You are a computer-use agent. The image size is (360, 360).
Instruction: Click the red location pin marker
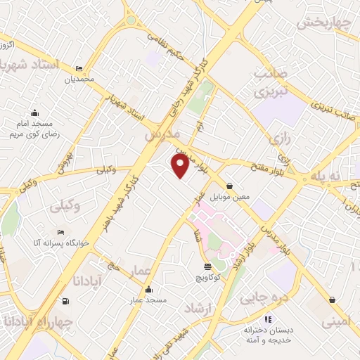point(181,166)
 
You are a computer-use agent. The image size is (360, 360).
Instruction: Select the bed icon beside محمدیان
point(79,68)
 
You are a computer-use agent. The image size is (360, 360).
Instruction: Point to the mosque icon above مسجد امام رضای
point(35,112)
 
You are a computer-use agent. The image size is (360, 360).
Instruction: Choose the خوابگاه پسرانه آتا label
point(61,243)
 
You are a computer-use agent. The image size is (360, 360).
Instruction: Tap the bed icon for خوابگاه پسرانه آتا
point(61,231)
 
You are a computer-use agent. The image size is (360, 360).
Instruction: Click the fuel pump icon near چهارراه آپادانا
point(65,302)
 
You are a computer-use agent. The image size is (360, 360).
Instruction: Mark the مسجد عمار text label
point(148,300)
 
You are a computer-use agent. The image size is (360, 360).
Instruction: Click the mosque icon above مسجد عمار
point(148,290)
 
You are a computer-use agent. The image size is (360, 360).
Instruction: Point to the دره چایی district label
point(264,299)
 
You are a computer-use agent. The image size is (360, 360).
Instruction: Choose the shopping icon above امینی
point(330,300)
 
